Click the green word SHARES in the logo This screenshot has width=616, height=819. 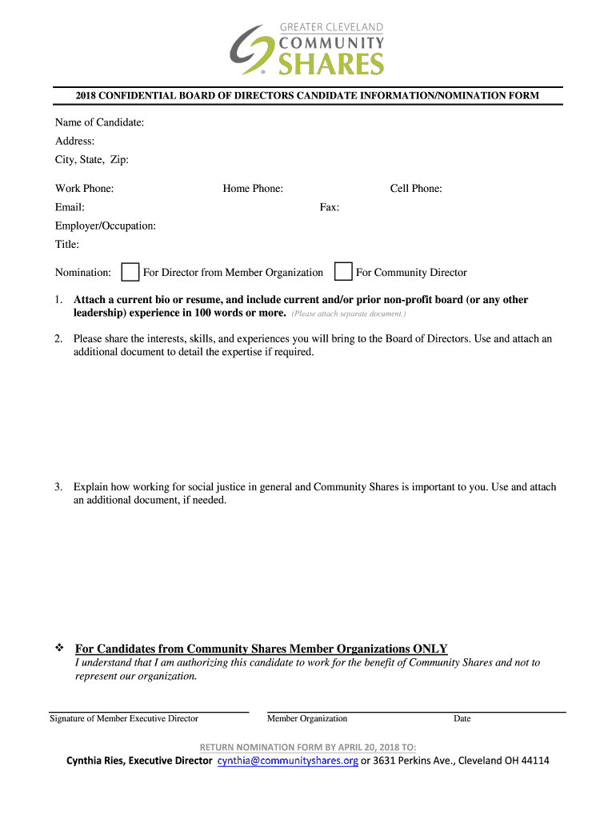[x=331, y=63]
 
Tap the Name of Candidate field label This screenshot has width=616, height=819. [x=99, y=122]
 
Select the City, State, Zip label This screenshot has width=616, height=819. [x=91, y=160]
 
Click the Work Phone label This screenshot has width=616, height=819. [x=84, y=189]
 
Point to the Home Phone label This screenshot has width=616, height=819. [x=253, y=189]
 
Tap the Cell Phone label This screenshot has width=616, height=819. [x=416, y=189]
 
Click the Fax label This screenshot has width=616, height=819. [x=330, y=208]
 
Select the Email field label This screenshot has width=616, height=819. [x=70, y=208]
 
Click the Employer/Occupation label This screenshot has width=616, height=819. [x=106, y=226]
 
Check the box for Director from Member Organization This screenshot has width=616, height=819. [x=130, y=272]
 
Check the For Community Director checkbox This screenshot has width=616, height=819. [x=343, y=272]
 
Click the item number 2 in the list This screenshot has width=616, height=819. [x=58, y=339]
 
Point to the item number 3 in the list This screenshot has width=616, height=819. [x=58, y=487]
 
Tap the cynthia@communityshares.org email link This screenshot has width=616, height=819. [x=288, y=761]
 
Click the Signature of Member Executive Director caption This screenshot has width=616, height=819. [x=124, y=718]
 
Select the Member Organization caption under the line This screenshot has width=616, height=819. [x=307, y=718]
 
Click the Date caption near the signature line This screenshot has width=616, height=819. [x=462, y=718]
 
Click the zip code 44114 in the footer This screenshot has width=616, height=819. [x=534, y=761]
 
